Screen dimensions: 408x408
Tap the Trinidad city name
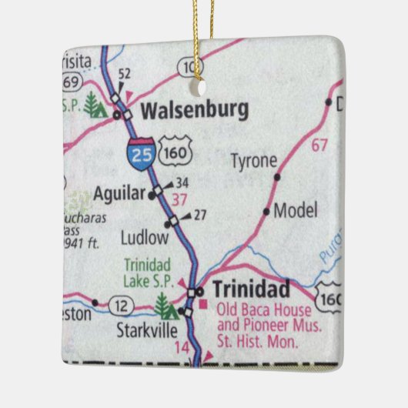(251, 289)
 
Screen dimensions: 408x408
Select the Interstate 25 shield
(141, 154)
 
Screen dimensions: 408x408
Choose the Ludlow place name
(144, 236)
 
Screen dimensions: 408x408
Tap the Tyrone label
(253, 161)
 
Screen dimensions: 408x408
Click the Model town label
(296, 211)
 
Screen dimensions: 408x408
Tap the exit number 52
(124, 74)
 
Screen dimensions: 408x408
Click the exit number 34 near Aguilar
(182, 183)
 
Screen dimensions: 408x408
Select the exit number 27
(199, 215)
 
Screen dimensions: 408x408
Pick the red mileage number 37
(179, 200)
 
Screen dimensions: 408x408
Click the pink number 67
(319, 145)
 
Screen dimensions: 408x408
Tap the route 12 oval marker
(123, 307)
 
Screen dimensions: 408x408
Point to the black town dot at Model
(267, 211)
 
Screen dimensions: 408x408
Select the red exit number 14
(182, 347)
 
